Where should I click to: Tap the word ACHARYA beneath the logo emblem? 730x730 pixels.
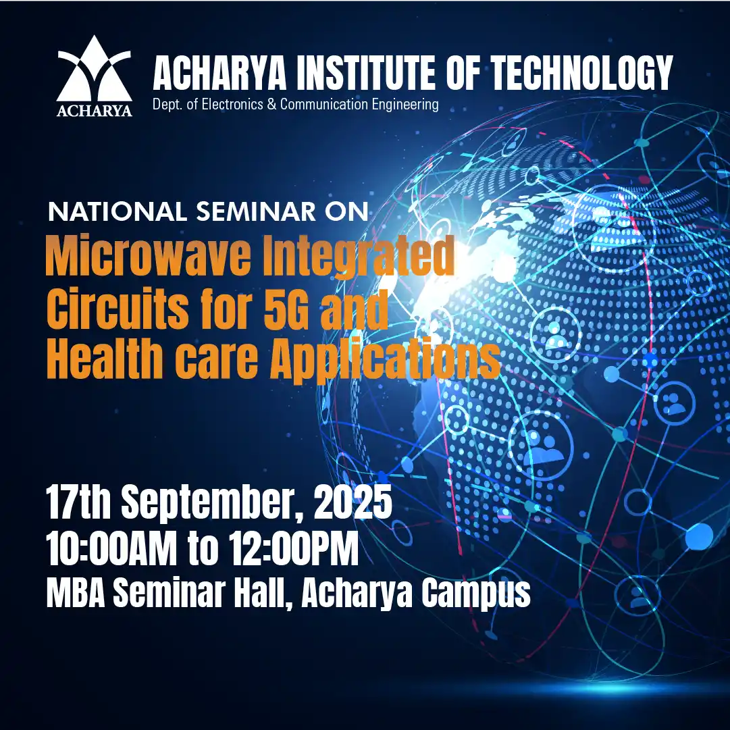pos(95,111)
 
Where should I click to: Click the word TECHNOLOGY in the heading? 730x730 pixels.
pos(582,73)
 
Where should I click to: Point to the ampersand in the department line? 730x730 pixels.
pos(271,104)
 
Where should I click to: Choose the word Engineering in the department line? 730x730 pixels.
pos(405,105)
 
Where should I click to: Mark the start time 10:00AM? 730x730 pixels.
pos(111,548)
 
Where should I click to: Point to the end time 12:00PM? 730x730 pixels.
pos(294,548)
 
